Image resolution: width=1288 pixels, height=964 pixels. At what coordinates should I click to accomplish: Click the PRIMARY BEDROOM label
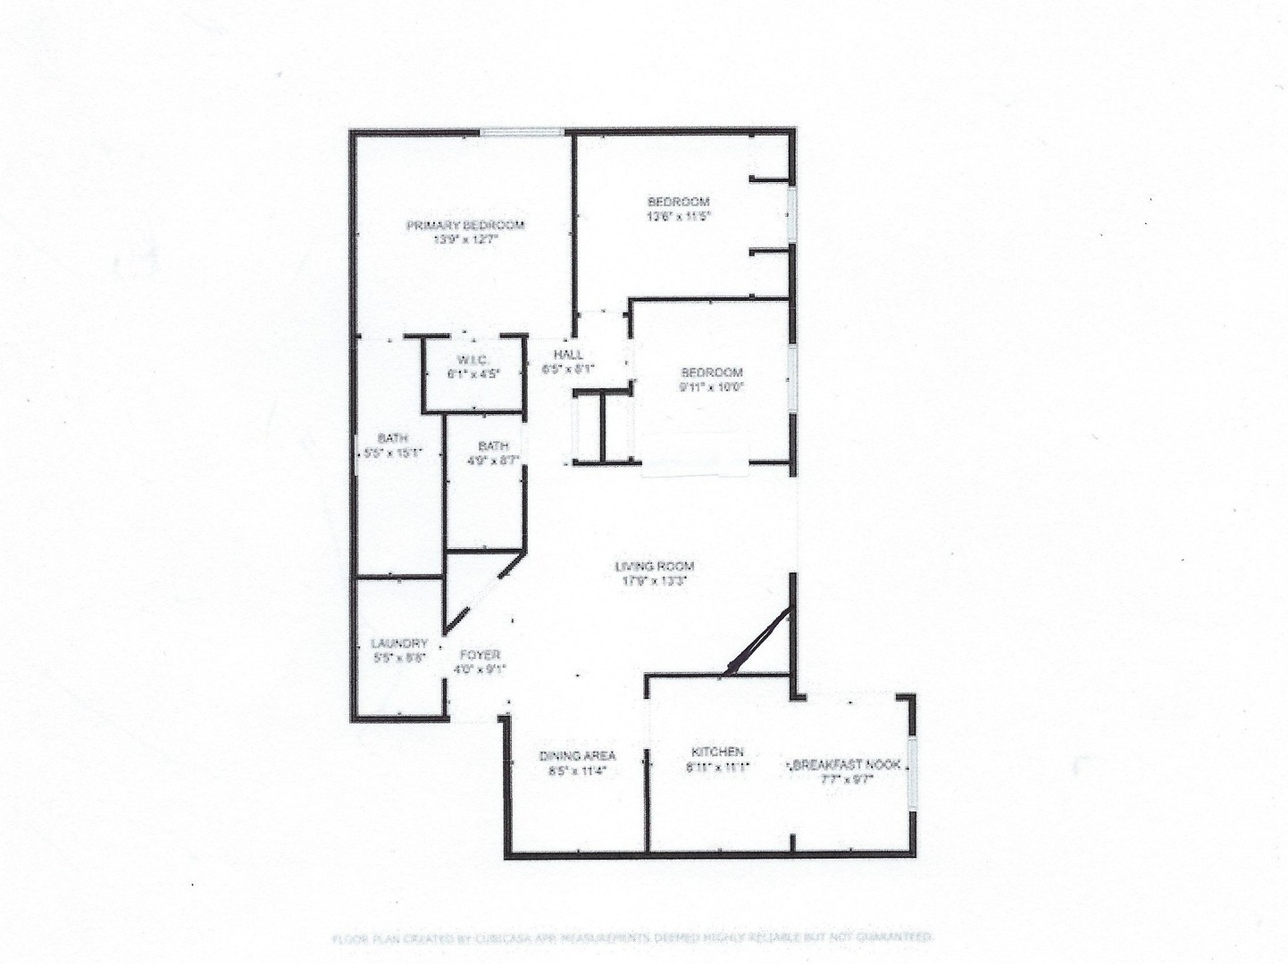tap(465, 225)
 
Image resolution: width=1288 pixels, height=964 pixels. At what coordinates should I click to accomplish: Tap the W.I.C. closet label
tap(473, 360)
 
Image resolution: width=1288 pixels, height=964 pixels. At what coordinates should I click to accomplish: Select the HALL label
tap(568, 354)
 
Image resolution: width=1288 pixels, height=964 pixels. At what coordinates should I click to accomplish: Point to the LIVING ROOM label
tap(655, 566)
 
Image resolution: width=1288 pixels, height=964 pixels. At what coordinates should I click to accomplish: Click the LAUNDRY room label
tap(399, 643)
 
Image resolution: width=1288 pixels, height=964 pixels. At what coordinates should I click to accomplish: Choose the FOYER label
tap(480, 654)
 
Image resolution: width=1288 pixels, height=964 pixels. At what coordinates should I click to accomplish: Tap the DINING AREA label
tap(577, 756)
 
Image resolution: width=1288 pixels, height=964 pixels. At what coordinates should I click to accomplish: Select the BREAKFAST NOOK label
tap(847, 765)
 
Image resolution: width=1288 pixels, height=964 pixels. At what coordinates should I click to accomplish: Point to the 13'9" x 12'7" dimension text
tap(465, 239)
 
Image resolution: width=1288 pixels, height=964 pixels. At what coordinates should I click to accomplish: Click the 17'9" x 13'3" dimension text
tap(655, 580)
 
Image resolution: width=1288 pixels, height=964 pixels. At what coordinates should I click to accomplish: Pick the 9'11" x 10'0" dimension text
tap(712, 386)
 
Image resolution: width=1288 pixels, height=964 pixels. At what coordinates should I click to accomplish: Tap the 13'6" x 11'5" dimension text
tap(679, 216)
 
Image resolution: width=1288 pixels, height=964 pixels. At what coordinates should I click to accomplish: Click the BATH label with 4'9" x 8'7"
tap(494, 446)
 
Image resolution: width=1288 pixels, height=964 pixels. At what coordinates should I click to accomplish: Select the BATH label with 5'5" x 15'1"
tap(393, 438)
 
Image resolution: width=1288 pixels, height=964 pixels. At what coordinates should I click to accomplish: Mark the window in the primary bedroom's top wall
tap(522, 133)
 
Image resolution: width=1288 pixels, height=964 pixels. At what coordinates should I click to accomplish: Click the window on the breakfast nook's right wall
tap(911, 774)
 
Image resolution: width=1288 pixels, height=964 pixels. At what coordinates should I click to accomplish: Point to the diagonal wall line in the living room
tap(760, 637)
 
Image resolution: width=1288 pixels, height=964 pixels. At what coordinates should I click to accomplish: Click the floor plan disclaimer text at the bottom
tap(632, 937)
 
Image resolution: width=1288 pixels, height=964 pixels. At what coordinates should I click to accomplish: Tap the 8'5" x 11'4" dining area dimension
tap(577, 771)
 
